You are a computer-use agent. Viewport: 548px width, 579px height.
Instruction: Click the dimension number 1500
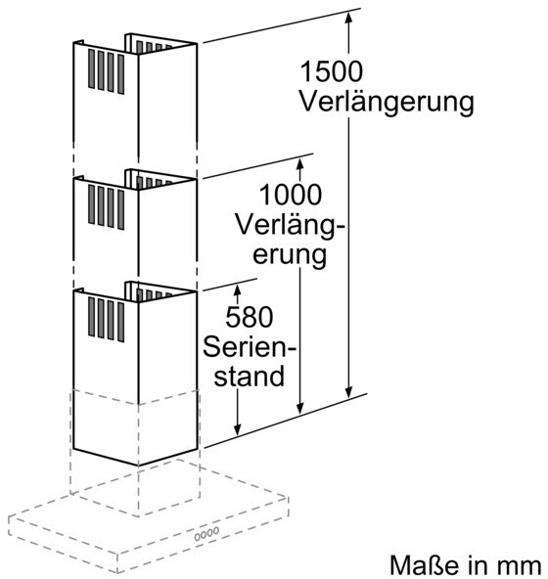click(331, 71)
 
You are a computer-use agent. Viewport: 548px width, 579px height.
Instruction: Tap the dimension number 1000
click(291, 195)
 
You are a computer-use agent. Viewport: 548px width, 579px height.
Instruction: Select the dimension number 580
click(250, 317)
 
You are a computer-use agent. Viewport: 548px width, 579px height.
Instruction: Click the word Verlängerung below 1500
click(387, 102)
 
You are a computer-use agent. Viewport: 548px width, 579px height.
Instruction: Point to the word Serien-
click(250, 347)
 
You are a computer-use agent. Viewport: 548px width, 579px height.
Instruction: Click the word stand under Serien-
click(250, 377)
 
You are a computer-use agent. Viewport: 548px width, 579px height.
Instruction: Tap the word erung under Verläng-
click(290, 255)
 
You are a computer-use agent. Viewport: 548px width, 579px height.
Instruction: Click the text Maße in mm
click(466, 565)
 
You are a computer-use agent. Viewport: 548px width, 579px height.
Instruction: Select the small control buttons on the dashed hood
click(206, 534)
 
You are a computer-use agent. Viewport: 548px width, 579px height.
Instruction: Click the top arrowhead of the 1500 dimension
click(348, 17)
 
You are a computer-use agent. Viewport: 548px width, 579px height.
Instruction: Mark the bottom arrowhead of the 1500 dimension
click(348, 392)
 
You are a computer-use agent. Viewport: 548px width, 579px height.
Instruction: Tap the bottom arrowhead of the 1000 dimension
click(300, 408)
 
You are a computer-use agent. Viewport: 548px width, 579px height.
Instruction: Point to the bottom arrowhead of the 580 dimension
click(237, 429)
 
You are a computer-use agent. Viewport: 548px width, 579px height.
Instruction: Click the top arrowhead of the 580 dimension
click(237, 290)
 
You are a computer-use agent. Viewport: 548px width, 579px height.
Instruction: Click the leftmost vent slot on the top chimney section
click(92, 69)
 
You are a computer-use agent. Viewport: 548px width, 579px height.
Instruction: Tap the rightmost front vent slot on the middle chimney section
click(120, 209)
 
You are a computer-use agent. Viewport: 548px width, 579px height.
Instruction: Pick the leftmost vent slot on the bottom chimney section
click(91, 317)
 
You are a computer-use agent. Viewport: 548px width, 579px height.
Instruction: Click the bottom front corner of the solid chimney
click(139, 466)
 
